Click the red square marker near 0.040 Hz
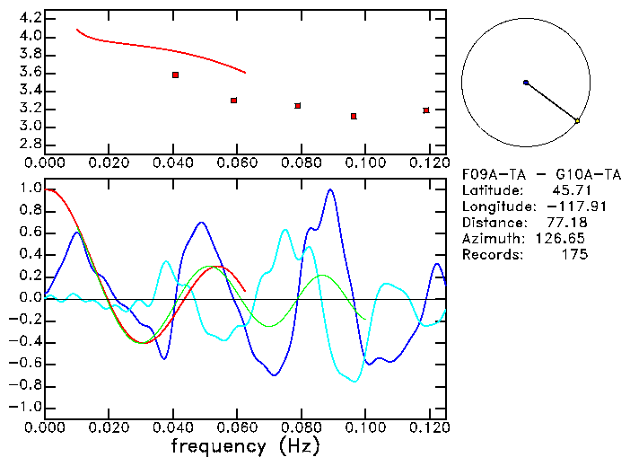point(175,75)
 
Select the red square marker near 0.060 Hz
point(233,100)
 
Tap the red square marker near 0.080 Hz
point(297,105)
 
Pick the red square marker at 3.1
point(354,116)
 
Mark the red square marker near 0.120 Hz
point(426,110)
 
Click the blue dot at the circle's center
point(526,83)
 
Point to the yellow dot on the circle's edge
point(577,120)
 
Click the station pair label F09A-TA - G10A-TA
point(541,174)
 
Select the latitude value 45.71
point(569,190)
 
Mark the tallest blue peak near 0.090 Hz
point(331,190)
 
